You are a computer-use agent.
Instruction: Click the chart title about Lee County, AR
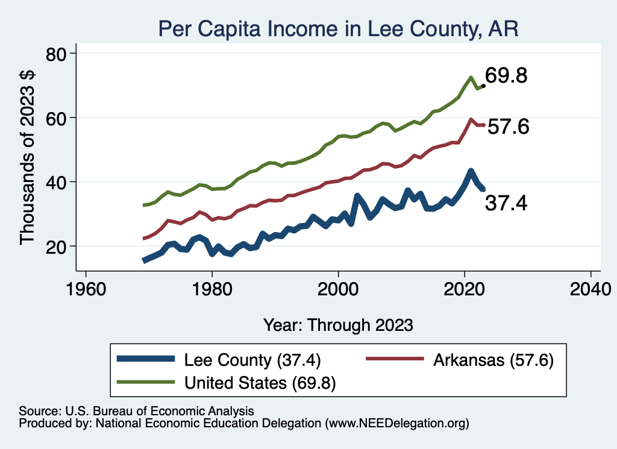pyautogui.click(x=337, y=28)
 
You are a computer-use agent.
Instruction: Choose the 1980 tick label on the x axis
pyautogui.click(x=212, y=288)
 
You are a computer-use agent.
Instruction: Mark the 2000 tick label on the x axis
pyautogui.click(x=338, y=288)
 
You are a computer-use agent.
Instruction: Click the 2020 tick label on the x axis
pyautogui.click(x=465, y=288)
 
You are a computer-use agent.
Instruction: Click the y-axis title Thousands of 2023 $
pyautogui.click(x=28, y=159)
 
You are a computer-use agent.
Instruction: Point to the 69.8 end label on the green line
pyautogui.click(x=507, y=77)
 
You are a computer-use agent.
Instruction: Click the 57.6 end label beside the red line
pyautogui.click(x=508, y=127)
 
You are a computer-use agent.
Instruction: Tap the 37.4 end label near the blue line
pyautogui.click(x=506, y=204)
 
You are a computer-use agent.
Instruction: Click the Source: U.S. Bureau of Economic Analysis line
pyautogui.click(x=137, y=410)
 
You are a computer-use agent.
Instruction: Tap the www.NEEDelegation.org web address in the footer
pyautogui.click(x=397, y=424)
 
